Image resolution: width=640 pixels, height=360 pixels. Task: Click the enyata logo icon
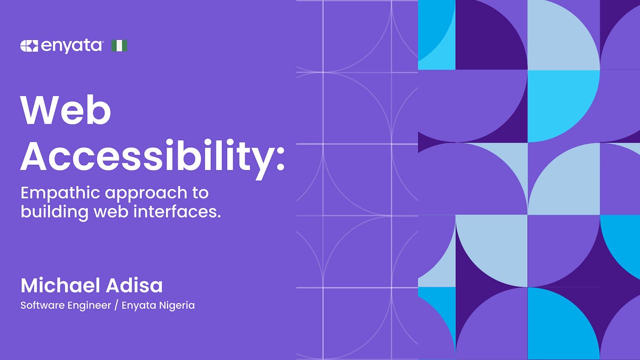tap(29, 46)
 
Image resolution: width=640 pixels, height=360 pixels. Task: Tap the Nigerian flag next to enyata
tap(119, 46)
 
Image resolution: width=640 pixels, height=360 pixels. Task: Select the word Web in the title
tap(66, 110)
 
